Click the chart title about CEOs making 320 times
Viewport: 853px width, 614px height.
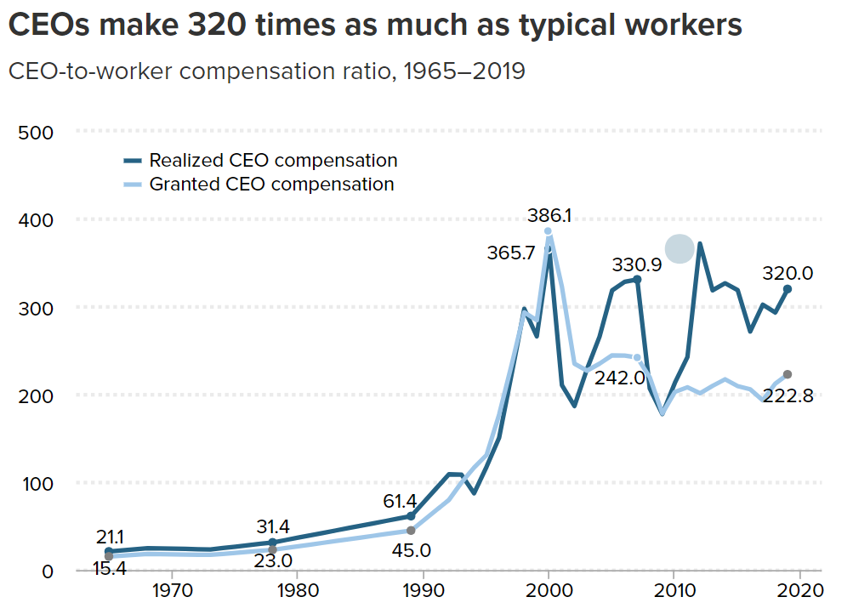(375, 26)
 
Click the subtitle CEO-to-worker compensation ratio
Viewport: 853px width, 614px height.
(266, 71)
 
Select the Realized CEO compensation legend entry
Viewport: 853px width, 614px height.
(273, 160)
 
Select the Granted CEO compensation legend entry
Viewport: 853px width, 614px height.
(271, 184)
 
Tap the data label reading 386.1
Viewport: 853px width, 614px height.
(549, 215)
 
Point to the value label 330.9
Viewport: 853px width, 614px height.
(637, 264)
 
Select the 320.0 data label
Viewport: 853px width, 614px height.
(788, 274)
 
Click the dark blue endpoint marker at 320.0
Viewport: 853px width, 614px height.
(788, 289)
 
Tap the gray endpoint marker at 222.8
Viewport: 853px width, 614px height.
(788, 375)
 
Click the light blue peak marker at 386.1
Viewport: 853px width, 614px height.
(549, 231)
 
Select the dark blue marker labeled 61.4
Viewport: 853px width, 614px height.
(411, 516)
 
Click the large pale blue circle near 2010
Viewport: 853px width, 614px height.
(680, 249)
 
